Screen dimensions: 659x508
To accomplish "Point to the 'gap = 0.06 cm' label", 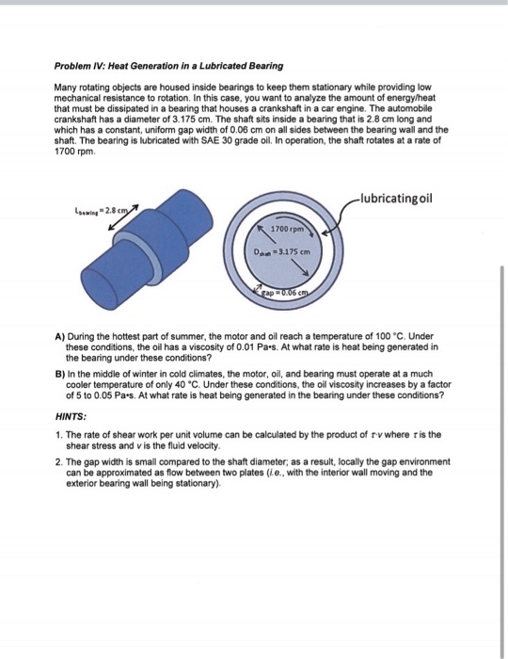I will point(285,293).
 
